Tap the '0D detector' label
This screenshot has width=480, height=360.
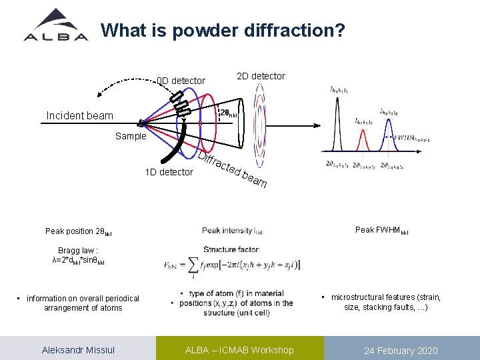(x=181, y=81)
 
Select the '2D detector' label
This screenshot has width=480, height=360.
(x=261, y=76)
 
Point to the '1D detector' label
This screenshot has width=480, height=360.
(x=169, y=172)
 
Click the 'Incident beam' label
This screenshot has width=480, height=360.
(x=80, y=116)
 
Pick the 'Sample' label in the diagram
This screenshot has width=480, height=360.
(x=131, y=136)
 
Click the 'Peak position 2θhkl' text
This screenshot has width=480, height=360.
(x=79, y=232)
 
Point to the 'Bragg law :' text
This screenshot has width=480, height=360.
(x=78, y=251)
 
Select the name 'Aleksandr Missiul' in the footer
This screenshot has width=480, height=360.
(x=77, y=350)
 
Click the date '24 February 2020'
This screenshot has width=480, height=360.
(x=401, y=351)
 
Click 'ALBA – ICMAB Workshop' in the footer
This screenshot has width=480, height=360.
(x=239, y=350)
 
